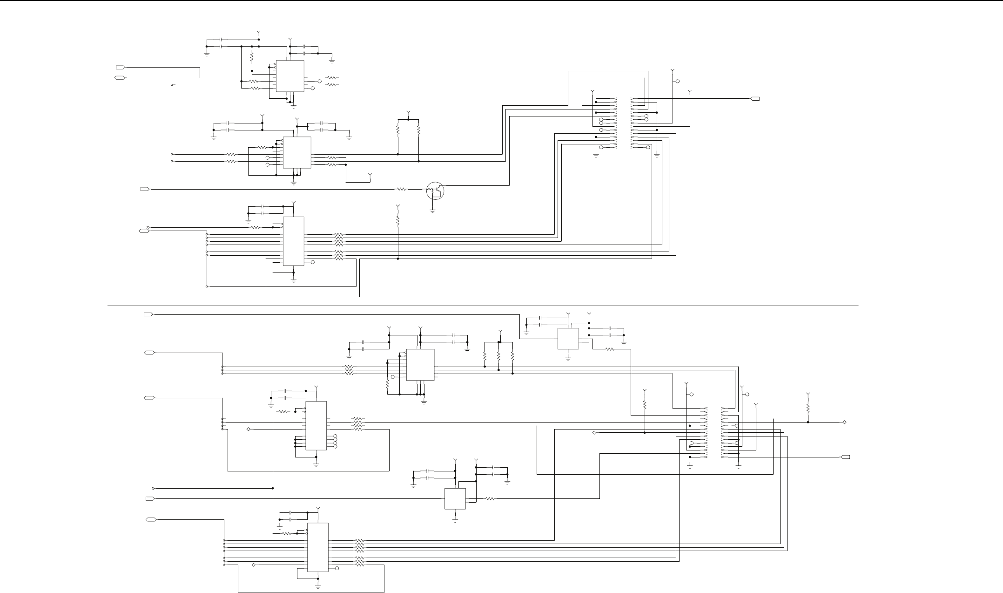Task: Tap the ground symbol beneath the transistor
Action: (x=433, y=211)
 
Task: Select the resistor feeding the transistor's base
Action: (x=401, y=189)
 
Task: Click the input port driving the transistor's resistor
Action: (x=144, y=189)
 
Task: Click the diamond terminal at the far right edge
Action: (x=844, y=422)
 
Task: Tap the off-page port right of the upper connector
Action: (x=755, y=99)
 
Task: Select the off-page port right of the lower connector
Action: (x=846, y=457)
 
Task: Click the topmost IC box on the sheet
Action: (x=289, y=75)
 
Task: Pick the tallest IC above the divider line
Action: (x=293, y=241)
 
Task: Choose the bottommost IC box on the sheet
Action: (x=317, y=547)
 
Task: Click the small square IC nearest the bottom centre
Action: (x=455, y=499)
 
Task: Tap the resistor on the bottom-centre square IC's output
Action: (x=490, y=499)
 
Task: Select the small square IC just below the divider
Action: (x=568, y=338)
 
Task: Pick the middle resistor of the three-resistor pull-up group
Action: (x=498, y=356)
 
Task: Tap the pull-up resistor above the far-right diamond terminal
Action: (x=808, y=409)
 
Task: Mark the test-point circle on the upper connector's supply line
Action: (x=677, y=81)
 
